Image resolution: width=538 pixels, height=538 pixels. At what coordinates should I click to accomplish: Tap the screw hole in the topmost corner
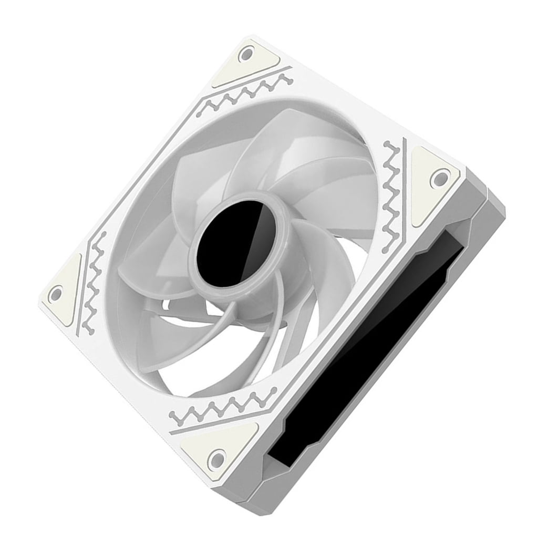click(x=246, y=53)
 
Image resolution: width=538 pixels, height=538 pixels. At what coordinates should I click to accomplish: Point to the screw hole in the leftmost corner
click(x=55, y=295)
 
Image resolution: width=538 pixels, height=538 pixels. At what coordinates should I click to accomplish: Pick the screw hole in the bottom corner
click(x=216, y=460)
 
